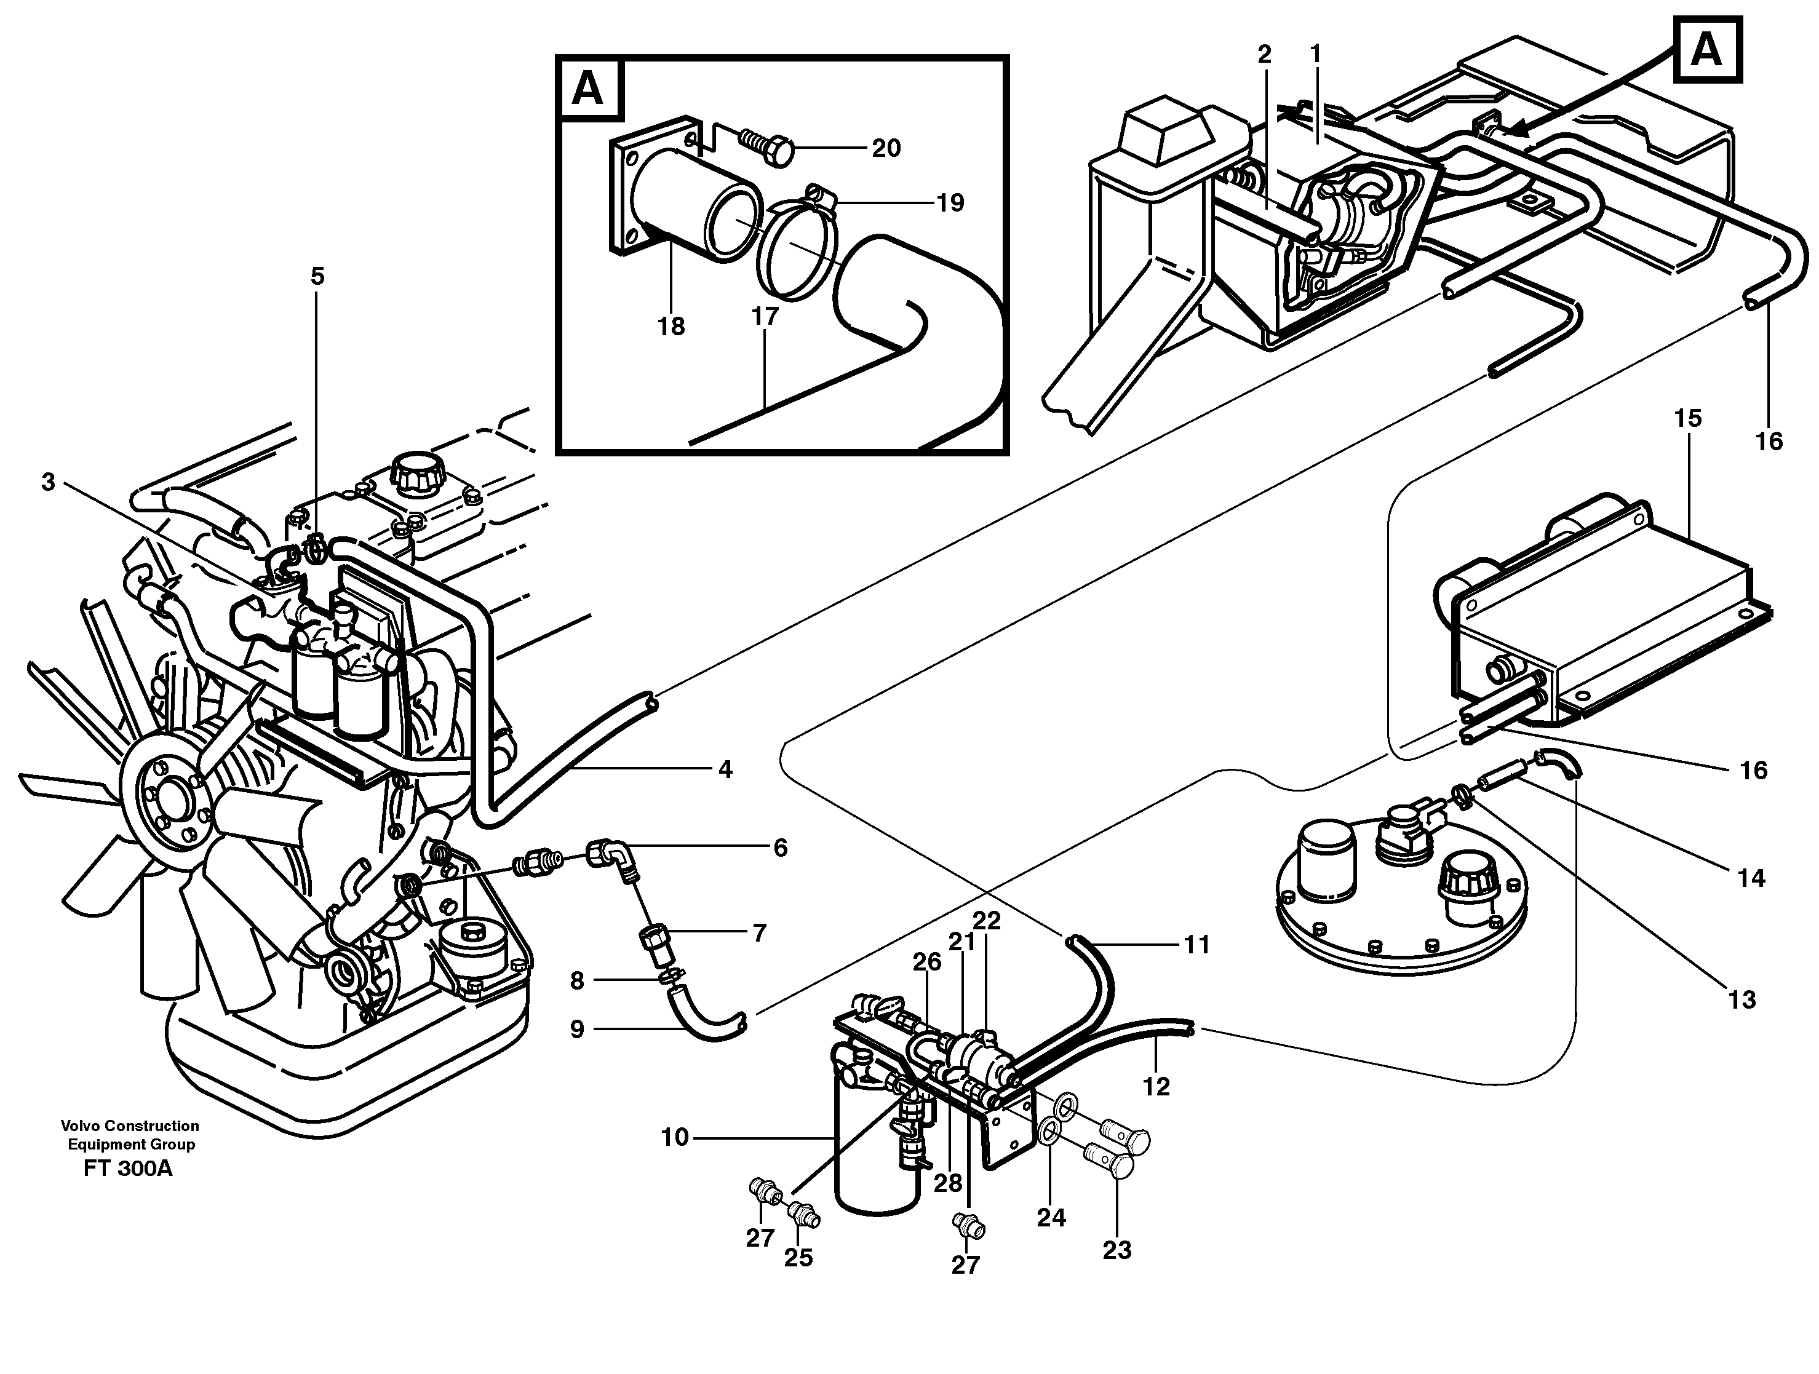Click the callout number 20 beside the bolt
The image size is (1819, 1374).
pyautogui.click(x=886, y=148)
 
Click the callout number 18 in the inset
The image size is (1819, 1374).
pyautogui.click(x=671, y=327)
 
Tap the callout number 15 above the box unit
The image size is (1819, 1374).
pyautogui.click(x=1687, y=418)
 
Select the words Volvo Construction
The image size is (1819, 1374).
pyautogui.click(x=130, y=1126)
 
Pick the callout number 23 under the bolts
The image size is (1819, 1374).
pyautogui.click(x=1116, y=1250)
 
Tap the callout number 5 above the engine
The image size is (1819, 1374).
pyautogui.click(x=317, y=276)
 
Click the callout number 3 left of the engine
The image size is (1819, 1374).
pyautogui.click(x=49, y=482)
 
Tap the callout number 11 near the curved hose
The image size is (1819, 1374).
pyautogui.click(x=1196, y=945)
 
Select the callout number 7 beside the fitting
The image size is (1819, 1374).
pyautogui.click(x=759, y=932)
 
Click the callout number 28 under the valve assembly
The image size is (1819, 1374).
pyautogui.click(x=947, y=1183)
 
